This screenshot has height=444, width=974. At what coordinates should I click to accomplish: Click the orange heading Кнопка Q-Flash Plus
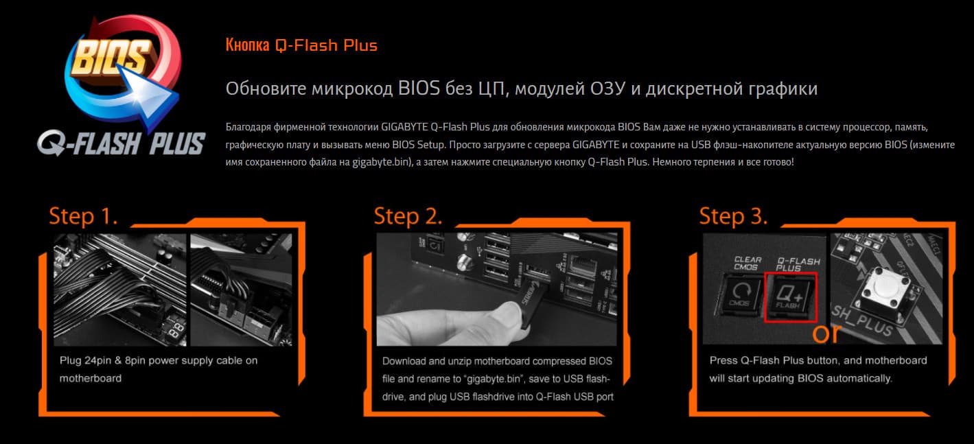[x=301, y=45]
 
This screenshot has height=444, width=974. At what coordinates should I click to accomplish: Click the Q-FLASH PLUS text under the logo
[x=121, y=143]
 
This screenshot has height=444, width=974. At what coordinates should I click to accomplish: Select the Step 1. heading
[x=83, y=215]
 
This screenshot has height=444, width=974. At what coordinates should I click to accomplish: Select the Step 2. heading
[x=408, y=215]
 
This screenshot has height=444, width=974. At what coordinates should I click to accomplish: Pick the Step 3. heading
[x=733, y=215]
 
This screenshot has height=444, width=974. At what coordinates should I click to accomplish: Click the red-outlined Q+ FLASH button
[x=791, y=297]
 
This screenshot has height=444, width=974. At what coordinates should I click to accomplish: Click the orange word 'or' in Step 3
[x=826, y=334]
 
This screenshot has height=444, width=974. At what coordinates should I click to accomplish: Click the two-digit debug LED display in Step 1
[x=176, y=330]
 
